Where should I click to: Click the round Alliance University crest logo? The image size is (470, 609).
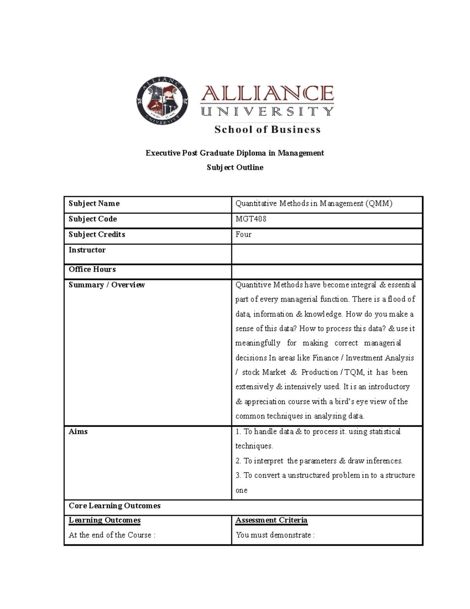click(x=162, y=101)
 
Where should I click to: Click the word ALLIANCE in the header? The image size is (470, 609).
click(x=267, y=94)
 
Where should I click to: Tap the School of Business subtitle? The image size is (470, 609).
click(x=267, y=129)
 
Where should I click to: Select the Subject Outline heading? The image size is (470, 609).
click(x=235, y=167)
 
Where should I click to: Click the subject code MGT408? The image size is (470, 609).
click(x=251, y=219)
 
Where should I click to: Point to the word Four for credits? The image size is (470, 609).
click(x=243, y=235)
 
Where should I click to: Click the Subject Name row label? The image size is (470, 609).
click(x=94, y=203)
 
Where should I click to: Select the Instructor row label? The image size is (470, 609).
click(x=87, y=250)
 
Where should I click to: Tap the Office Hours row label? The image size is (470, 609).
click(x=92, y=269)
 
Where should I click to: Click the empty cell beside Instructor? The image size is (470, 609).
click(x=327, y=254)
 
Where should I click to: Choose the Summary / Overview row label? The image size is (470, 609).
click(x=107, y=285)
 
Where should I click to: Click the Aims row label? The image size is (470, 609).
click(x=78, y=431)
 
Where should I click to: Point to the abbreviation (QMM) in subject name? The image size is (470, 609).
click(x=379, y=203)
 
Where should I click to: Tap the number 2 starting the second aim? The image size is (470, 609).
click(x=238, y=461)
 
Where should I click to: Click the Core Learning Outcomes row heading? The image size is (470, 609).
click(x=114, y=505)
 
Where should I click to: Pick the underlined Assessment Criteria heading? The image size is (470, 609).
click(x=271, y=520)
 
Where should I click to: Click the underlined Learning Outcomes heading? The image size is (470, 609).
click(x=105, y=520)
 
